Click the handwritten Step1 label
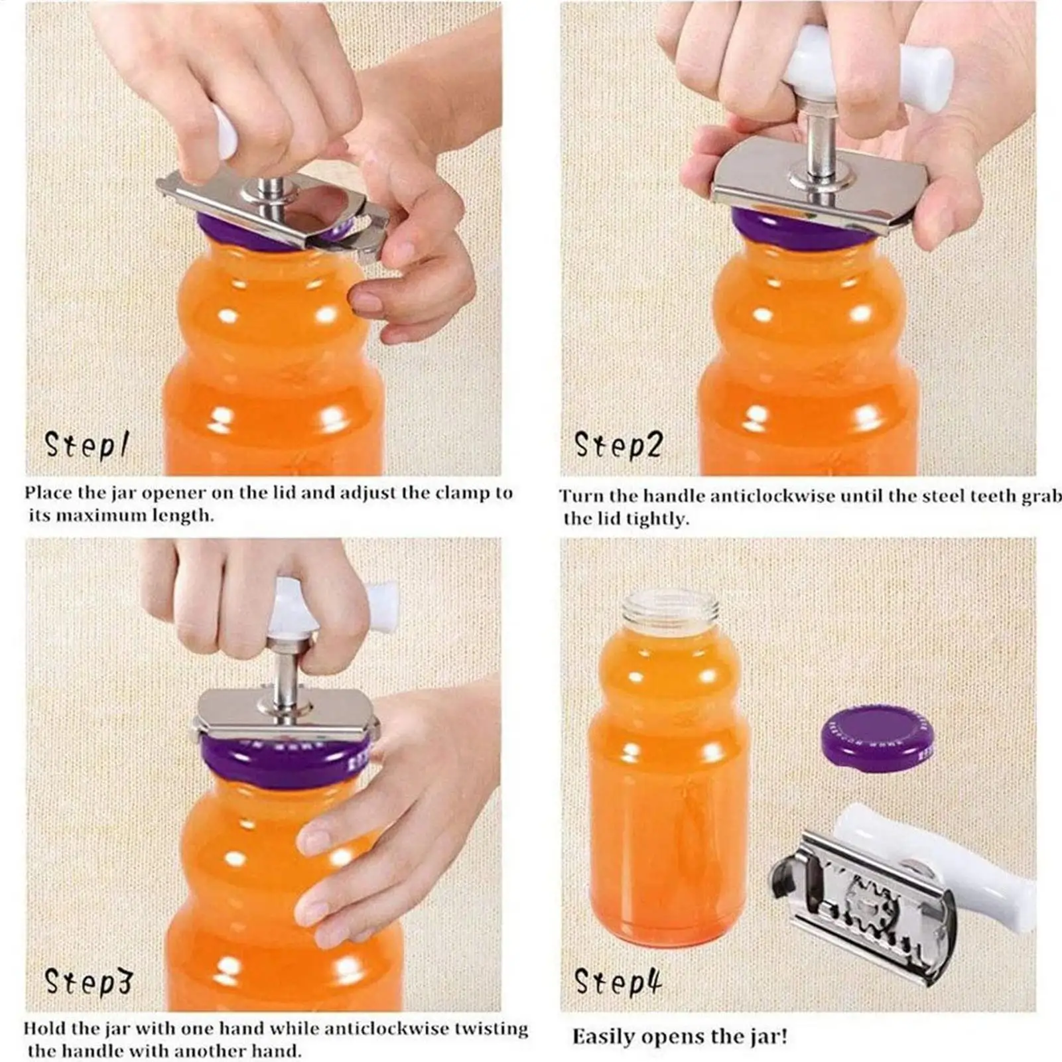click(x=86, y=444)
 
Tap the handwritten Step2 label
click(x=618, y=444)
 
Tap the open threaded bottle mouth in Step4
click(x=669, y=610)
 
